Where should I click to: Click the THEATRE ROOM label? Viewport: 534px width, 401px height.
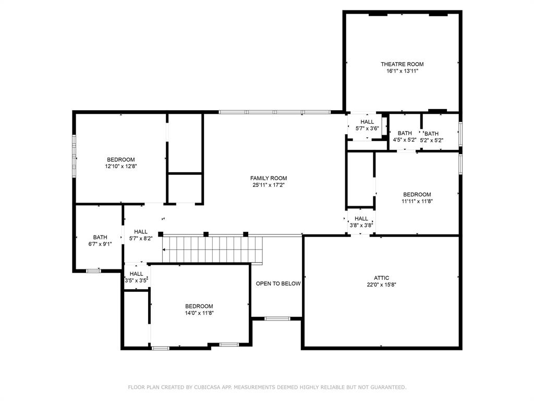pos(402,64)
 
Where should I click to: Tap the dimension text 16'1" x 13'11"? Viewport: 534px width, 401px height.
pos(402,71)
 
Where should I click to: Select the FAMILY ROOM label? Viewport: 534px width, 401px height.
pos(269,178)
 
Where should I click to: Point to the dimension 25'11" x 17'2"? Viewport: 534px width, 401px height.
pos(269,185)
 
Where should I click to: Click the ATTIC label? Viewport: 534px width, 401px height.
pos(381,278)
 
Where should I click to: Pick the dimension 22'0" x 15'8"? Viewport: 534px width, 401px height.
pos(381,285)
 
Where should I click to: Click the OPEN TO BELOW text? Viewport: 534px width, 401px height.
pos(278,284)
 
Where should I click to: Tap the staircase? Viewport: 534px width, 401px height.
pos(211,250)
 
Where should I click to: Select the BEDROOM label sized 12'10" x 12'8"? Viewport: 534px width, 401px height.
pos(121,159)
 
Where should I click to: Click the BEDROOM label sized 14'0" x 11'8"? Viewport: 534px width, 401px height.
pos(199,306)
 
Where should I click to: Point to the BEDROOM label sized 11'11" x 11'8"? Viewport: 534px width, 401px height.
pos(417,194)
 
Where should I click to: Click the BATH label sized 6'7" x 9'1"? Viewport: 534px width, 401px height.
pos(100,237)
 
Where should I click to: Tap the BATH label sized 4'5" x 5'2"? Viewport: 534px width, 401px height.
pos(405,133)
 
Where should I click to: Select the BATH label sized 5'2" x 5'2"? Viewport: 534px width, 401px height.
pos(431,134)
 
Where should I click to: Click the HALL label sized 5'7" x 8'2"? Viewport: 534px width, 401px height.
pos(140,232)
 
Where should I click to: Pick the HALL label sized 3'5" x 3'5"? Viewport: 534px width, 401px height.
pos(136,274)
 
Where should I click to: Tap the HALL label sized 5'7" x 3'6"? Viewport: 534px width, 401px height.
pos(367,122)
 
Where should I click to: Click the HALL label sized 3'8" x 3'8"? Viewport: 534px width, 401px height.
pos(361,219)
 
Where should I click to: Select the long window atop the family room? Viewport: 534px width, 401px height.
pos(274,112)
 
